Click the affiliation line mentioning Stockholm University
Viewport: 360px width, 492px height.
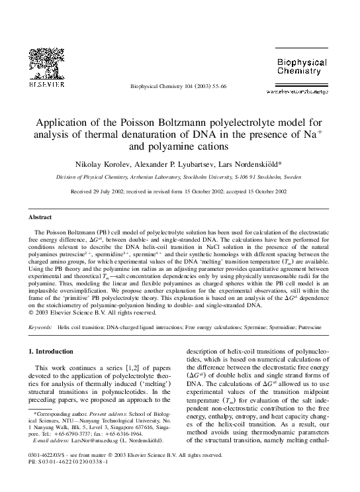click(x=179, y=177)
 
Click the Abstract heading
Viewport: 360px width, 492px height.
click(x=41, y=217)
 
